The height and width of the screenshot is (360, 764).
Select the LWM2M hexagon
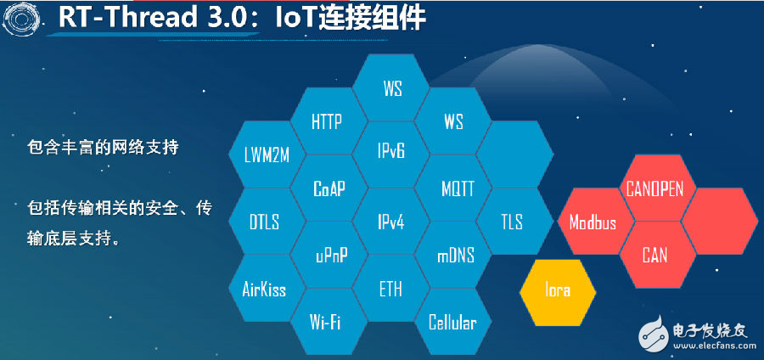click(267, 155)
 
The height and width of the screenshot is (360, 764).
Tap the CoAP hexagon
click(329, 188)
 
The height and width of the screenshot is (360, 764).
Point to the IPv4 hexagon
click(390, 222)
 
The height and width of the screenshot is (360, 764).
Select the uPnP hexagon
click(329, 255)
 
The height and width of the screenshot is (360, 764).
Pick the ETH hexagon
click(390, 289)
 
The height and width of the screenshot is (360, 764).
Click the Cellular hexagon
click(453, 322)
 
